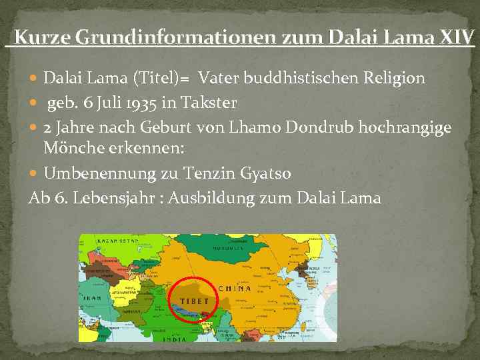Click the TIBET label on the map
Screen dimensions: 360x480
click(x=193, y=301)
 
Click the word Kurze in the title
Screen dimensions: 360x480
click(x=42, y=37)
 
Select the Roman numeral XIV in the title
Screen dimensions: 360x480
click(x=457, y=37)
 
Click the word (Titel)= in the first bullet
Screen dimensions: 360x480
click(x=159, y=79)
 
